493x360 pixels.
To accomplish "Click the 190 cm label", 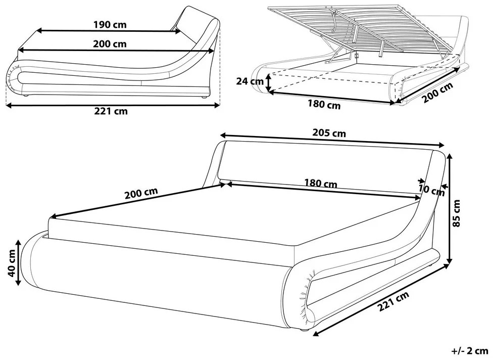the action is tap(110, 25).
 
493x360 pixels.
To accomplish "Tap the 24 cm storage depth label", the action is tap(250, 81).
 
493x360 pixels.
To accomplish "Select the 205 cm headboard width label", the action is tap(329, 133).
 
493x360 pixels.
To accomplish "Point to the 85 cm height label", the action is tap(457, 213).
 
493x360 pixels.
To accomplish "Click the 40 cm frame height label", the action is tap(11, 263).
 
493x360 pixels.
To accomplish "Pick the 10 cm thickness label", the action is tap(432, 190).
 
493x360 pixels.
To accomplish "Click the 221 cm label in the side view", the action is tap(111, 111).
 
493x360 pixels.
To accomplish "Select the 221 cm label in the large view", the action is tap(393, 301).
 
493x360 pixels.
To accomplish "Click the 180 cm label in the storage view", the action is tap(324, 104).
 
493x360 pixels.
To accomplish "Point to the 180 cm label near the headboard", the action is tap(320, 183).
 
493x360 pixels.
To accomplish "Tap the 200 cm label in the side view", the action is tap(110, 44).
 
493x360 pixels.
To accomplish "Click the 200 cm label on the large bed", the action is tap(141, 194).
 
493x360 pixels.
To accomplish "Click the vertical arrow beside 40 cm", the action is tap(19, 262).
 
